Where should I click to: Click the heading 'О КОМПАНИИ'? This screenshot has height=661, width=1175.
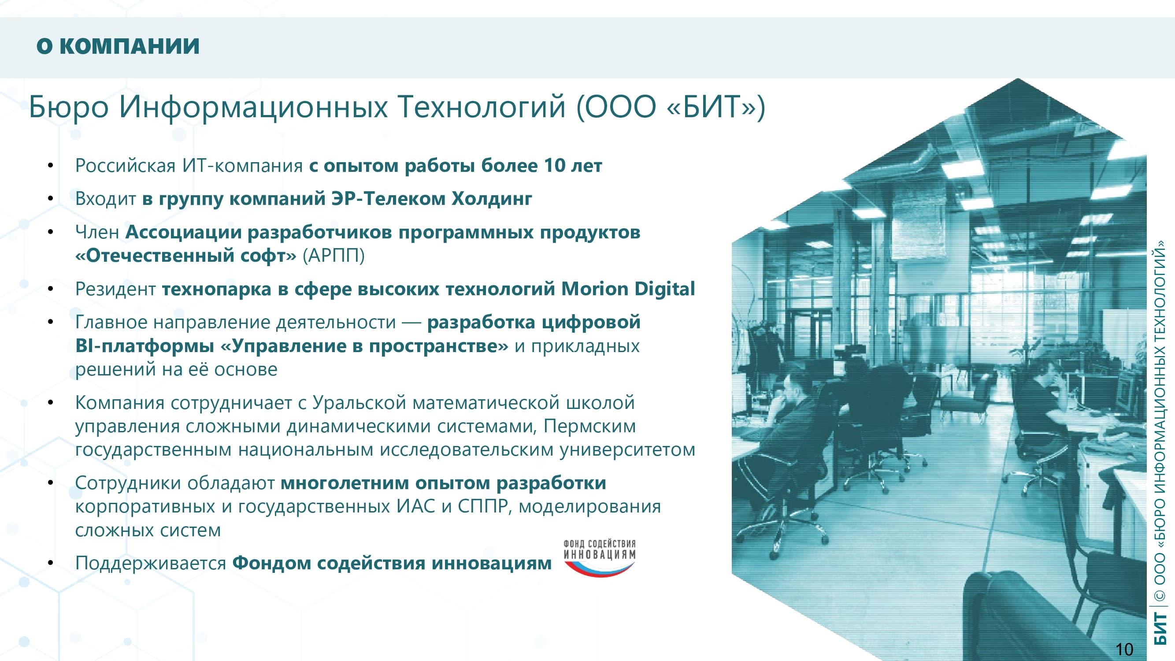click(118, 46)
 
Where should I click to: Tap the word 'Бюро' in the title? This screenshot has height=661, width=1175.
click(69, 107)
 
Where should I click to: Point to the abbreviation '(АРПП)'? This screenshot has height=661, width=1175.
click(334, 256)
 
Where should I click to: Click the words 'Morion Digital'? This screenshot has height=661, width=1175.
click(628, 289)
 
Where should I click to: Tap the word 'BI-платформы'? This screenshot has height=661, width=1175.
click(145, 346)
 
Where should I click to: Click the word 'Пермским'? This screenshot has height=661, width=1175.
click(589, 426)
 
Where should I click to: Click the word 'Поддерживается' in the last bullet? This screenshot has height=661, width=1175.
click(151, 563)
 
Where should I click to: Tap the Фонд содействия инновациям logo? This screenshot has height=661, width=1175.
click(599, 558)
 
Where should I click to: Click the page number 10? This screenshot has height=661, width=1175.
click(1124, 649)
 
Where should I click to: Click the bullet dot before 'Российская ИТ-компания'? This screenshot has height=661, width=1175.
click(51, 165)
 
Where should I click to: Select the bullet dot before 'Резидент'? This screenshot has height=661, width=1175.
click(51, 289)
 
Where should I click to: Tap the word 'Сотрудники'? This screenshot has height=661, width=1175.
click(128, 483)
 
